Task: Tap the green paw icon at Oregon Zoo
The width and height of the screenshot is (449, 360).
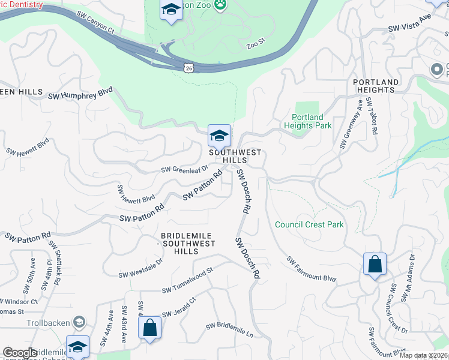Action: coord(221,4)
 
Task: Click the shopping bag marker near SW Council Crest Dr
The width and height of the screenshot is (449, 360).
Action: coord(375,264)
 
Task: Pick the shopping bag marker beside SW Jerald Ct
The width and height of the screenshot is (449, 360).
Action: coord(149,328)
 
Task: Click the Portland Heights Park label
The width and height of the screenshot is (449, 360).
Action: coord(307,121)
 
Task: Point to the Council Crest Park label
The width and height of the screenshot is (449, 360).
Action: coord(309,224)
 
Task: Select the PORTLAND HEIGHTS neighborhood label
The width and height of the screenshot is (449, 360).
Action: coord(376,86)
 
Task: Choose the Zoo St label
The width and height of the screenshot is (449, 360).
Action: coord(255,46)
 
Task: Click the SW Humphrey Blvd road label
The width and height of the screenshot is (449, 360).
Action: coord(80,94)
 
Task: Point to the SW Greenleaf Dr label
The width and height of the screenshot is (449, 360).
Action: coord(184,170)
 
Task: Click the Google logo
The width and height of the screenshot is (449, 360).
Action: coord(20,353)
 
